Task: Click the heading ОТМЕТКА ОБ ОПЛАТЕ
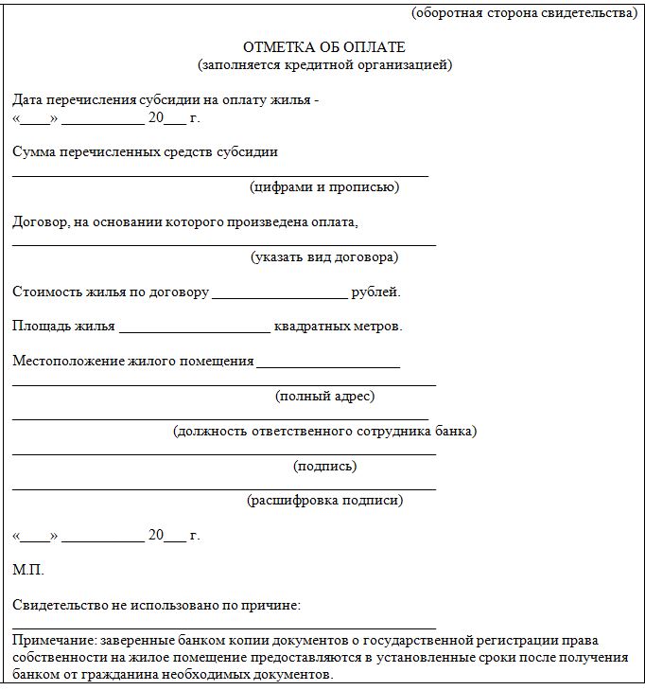323,47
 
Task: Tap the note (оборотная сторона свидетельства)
525,13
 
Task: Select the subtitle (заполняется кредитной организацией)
324,64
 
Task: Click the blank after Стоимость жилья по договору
280,293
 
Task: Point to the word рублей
375,292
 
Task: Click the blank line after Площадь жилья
194,328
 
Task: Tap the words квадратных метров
338,327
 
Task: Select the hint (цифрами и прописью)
324,186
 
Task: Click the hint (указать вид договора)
324,257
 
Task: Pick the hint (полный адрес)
324,396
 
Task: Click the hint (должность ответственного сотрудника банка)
324,431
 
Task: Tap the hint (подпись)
324,466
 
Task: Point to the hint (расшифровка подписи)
324,500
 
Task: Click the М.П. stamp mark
28,570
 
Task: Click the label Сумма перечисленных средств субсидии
145,151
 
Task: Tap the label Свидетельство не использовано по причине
156,604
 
